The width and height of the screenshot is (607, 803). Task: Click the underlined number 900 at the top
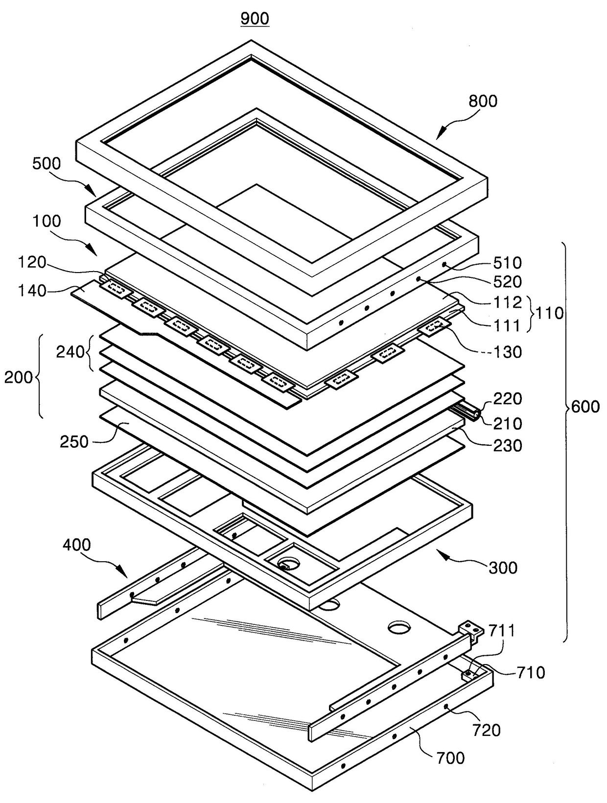[255, 18]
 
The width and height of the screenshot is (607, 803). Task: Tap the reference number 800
[483, 101]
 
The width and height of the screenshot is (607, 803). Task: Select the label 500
[47, 163]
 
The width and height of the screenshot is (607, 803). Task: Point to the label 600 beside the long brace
[585, 407]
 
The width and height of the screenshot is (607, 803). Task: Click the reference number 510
[508, 263]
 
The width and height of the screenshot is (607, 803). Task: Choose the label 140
[32, 291]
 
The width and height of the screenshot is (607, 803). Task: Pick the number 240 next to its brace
[70, 352]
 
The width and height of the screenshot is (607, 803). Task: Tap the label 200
[18, 377]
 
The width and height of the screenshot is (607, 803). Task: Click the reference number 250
[74, 441]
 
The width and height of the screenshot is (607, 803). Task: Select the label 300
[503, 568]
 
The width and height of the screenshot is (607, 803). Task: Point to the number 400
[76, 545]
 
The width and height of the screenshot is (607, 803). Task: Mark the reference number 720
[487, 730]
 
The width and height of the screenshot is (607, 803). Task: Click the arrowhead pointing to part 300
[444, 556]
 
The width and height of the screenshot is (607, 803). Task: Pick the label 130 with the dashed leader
[508, 352]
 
